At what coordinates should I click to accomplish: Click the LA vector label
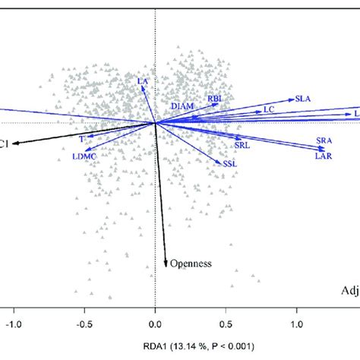[142, 80]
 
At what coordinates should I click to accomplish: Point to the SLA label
[303, 99]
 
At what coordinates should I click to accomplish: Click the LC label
[269, 111]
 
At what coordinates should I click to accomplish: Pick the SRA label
[325, 142]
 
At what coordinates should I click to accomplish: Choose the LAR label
[324, 155]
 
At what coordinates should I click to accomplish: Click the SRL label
[242, 144]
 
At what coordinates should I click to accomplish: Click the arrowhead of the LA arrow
[141, 87]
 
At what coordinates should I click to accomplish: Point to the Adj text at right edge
[349, 291]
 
